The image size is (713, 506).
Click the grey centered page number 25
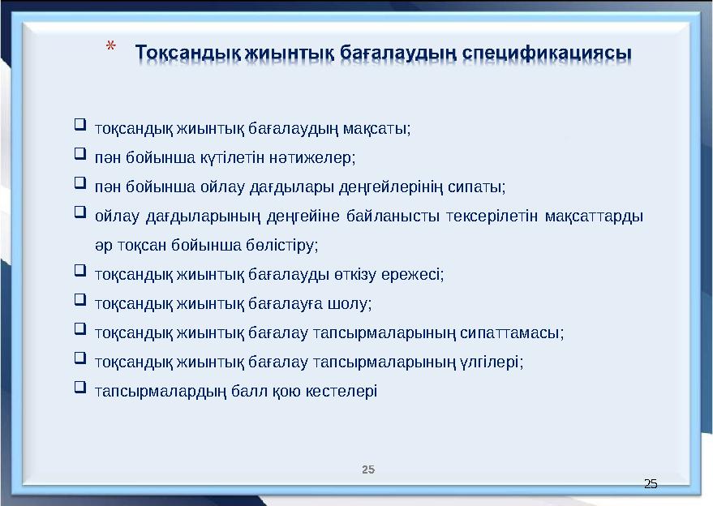click(x=368, y=470)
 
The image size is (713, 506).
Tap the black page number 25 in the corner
click(x=650, y=484)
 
